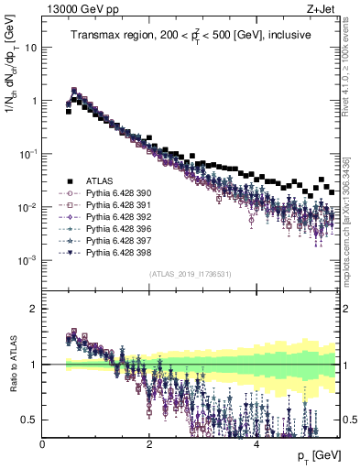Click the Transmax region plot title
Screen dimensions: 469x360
click(x=191, y=36)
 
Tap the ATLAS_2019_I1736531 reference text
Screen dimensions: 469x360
click(x=191, y=274)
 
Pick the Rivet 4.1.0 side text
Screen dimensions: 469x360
click(x=352, y=64)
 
